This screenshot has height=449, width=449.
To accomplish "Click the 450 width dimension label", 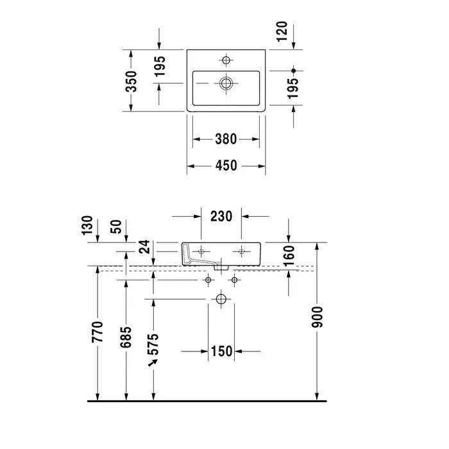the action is point(226,165).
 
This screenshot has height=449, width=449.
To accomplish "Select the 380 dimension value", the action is point(226,139).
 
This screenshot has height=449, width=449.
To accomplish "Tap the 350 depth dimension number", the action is point(131,81).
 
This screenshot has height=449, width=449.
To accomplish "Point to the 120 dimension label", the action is point(282,31).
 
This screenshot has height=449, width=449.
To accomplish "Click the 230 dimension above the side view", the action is point(221,217).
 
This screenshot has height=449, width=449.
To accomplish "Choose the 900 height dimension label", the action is point(318,317).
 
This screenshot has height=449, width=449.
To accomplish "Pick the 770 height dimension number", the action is point(97,332).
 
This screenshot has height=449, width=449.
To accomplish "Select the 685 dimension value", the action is point(126,337).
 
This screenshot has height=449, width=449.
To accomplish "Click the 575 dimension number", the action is point(153,344).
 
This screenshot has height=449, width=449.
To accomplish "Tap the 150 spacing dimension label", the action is point(221,352).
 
